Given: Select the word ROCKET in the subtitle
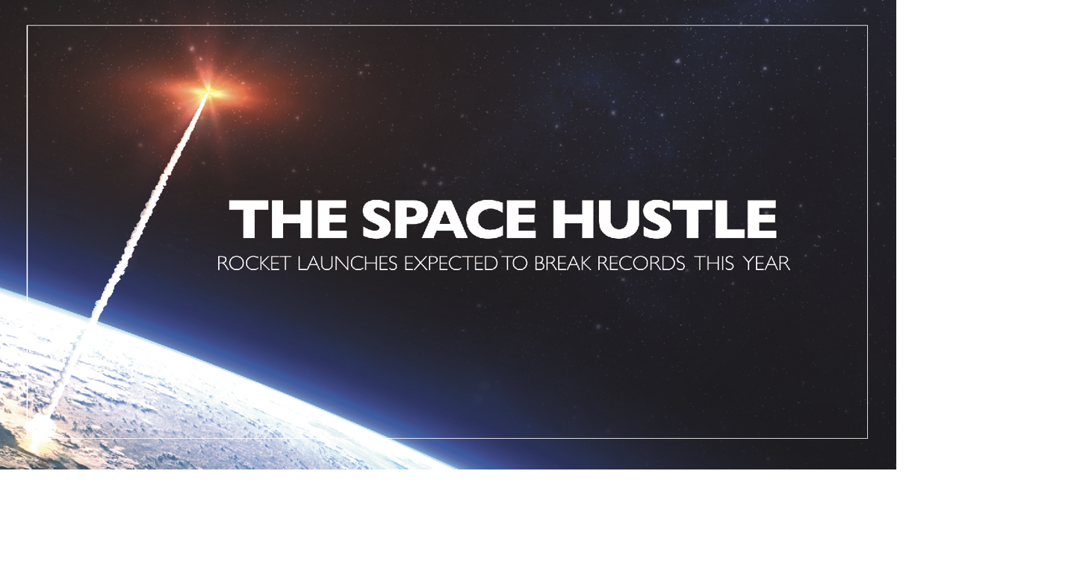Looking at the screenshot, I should coord(253,263).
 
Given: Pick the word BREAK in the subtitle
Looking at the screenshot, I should coord(562,263).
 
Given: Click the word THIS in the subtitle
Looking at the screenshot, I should coord(714,263).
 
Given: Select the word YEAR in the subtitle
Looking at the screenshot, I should coord(766,263).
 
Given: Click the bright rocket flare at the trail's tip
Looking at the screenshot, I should coord(209,92).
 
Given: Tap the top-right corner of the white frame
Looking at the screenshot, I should coord(867,26).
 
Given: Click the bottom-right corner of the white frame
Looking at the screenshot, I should coord(867,438).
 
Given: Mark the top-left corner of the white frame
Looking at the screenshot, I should coord(28,26).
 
